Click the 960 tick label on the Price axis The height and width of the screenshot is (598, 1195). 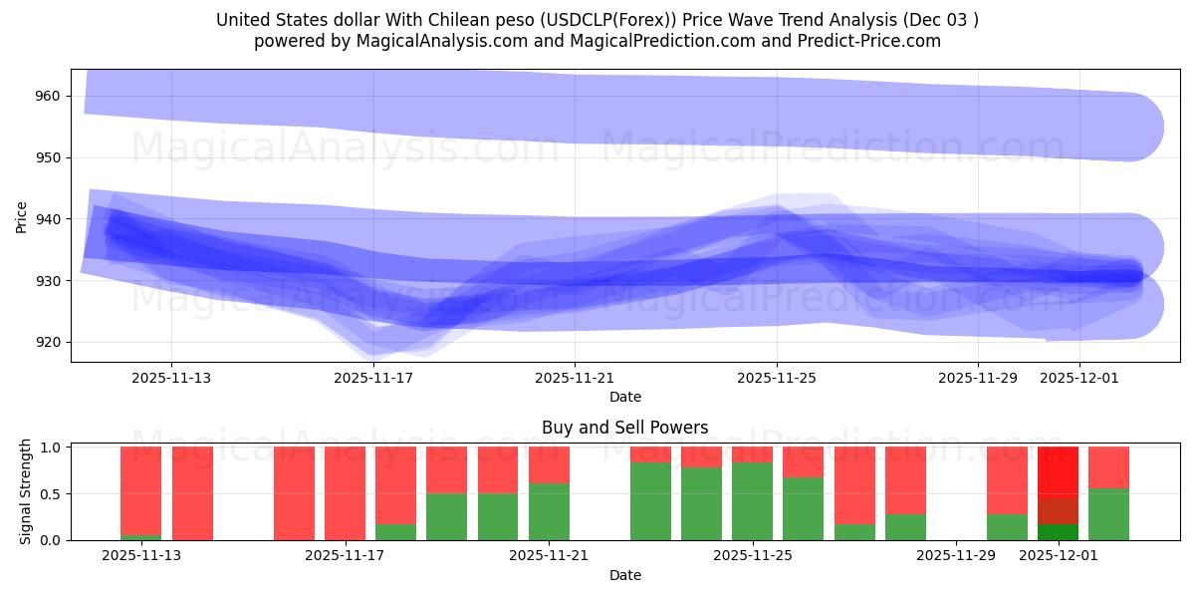point(47,97)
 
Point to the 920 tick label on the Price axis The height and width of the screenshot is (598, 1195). point(47,342)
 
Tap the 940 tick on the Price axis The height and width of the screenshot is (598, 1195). point(47,219)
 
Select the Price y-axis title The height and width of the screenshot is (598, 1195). point(22,216)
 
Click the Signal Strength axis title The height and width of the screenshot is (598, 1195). point(26,489)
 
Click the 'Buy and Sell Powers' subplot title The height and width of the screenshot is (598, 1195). point(624,428)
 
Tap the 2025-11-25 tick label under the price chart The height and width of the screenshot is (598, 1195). point(777,378)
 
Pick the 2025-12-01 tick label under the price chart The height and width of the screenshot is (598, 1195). point(1079,378)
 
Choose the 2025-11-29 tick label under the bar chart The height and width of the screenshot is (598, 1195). point(956,555)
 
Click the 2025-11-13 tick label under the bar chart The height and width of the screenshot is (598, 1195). point(141,555)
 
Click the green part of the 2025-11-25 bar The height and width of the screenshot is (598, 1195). point(752,501)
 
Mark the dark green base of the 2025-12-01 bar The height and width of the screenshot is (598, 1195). point(1058,532)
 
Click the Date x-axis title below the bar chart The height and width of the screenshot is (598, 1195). point(624,575)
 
